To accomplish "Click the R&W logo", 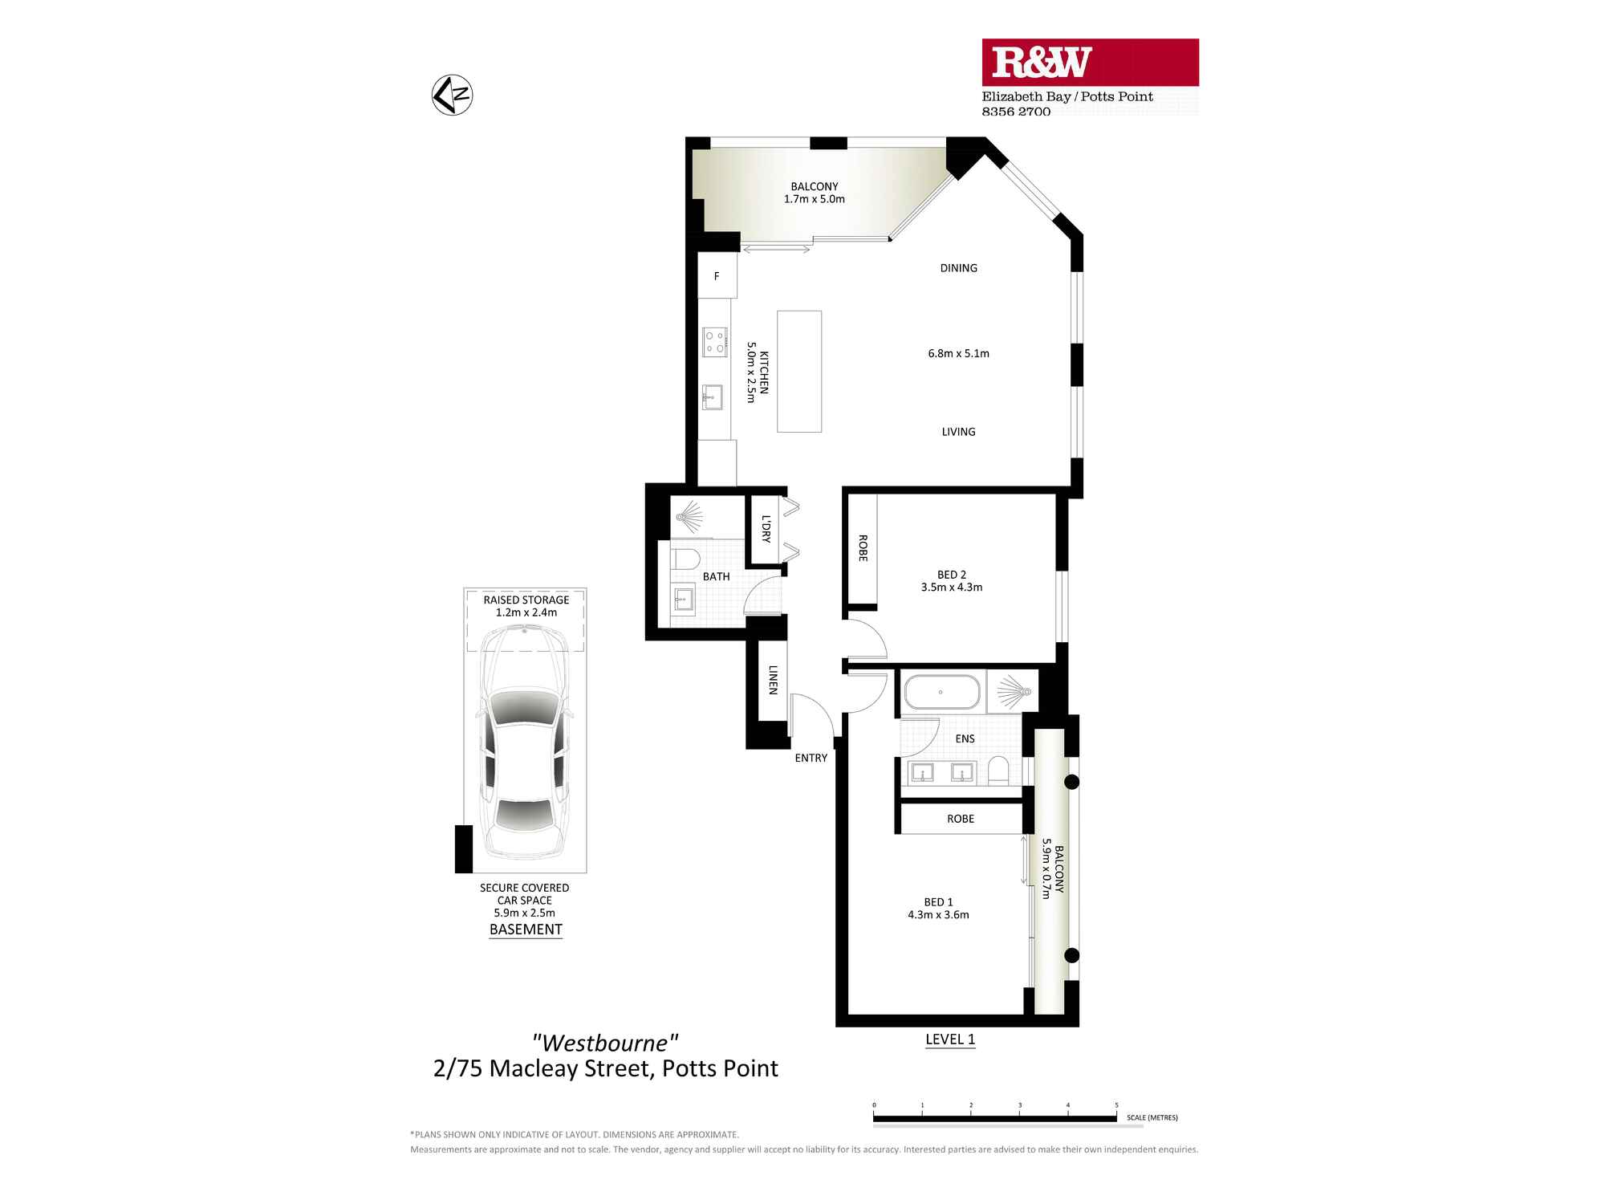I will point(1041,63).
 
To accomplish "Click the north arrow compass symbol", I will point(452,95).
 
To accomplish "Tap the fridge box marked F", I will point(717,275).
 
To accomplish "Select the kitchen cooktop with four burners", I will point(714,342).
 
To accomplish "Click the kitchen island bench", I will point(798,371).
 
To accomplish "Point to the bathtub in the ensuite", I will point(941,692).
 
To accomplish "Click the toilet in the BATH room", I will point(685,558).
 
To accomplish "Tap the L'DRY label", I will point(766,529).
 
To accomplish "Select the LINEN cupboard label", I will point(773,680).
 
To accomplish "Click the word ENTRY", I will point(811,758).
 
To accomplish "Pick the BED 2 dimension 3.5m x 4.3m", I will point(951,587).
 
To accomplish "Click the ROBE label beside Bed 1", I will point(960,819).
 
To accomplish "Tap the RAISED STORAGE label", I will point(526,600).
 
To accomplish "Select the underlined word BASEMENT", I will point(526,929).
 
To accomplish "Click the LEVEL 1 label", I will point(949,1039).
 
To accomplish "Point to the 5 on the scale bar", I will point(1116,1105).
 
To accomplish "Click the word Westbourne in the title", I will point(605,1043).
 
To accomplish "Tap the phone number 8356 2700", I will point(1015,112).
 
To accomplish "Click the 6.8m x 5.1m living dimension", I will point(958,353).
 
